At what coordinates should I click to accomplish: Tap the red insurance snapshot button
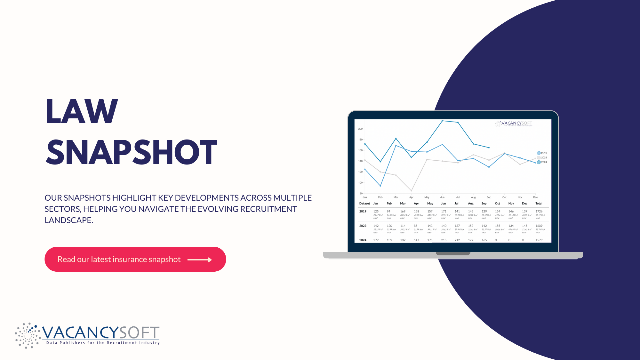click(135, 259)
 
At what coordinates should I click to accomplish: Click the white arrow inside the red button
click(199, 260)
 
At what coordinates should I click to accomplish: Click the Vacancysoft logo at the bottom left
click(87, 335)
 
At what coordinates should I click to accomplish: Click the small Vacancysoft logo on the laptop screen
click(514, 124)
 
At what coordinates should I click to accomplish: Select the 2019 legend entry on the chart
click(542, 153)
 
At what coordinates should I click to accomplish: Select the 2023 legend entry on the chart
click(542, 157)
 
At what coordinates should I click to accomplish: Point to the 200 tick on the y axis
click(360, 129)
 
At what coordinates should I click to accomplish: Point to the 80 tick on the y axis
click(361, 193)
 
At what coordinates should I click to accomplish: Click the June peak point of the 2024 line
click(442, 121)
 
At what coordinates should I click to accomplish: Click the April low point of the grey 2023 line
click(411, 191)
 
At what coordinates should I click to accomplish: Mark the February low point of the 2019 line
click(380, 186)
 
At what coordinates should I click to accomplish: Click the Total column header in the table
click(539, 204)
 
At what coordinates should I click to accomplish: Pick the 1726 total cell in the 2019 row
click(539, 212)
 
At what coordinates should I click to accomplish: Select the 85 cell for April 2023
click(415, 226)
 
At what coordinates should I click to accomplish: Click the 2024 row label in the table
click(363, 240)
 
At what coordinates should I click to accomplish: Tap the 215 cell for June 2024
click(444, 240)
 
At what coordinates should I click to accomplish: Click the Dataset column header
click(364, 204)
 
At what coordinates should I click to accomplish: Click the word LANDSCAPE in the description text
click(68, 220)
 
